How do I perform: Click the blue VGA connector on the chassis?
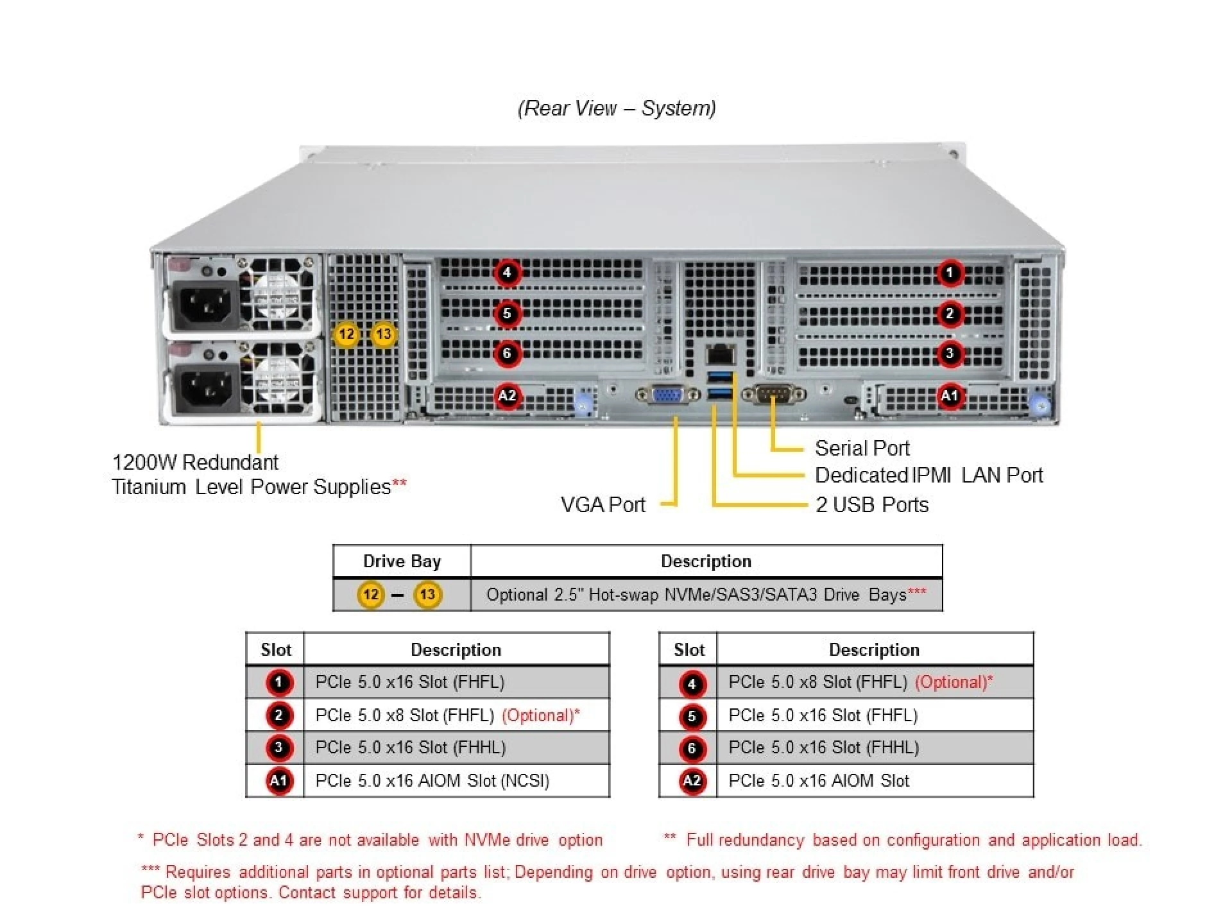tap(667, 395)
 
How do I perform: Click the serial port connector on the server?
tap(773, 394)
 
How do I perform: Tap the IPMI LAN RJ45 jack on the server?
tap(721, 354)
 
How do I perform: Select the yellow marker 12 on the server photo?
tap(346, 334)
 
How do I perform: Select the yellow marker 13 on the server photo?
tap(384, 334)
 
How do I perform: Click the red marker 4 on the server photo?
tap(507, 273)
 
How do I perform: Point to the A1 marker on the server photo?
tap(950, 396)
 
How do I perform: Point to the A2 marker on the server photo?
tap(507, 396)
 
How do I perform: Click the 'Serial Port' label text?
tap(862, 448)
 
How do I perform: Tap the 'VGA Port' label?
tap(603, 504)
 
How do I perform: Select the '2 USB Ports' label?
tap(872, 504)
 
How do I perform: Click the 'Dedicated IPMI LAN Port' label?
tap(928, 475)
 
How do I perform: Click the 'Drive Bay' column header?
tap(402, 561)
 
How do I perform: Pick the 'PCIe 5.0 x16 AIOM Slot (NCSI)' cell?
tap(432, 780)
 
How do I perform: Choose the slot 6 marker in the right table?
tap(692, 748)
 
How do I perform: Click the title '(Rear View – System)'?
tap(617, 108)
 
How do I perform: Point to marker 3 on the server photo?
tap(950, 353)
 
